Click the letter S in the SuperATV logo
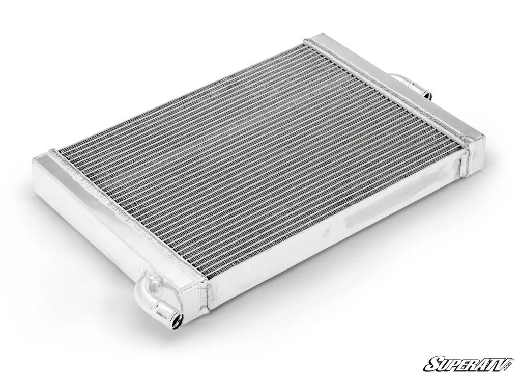point(432,363)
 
